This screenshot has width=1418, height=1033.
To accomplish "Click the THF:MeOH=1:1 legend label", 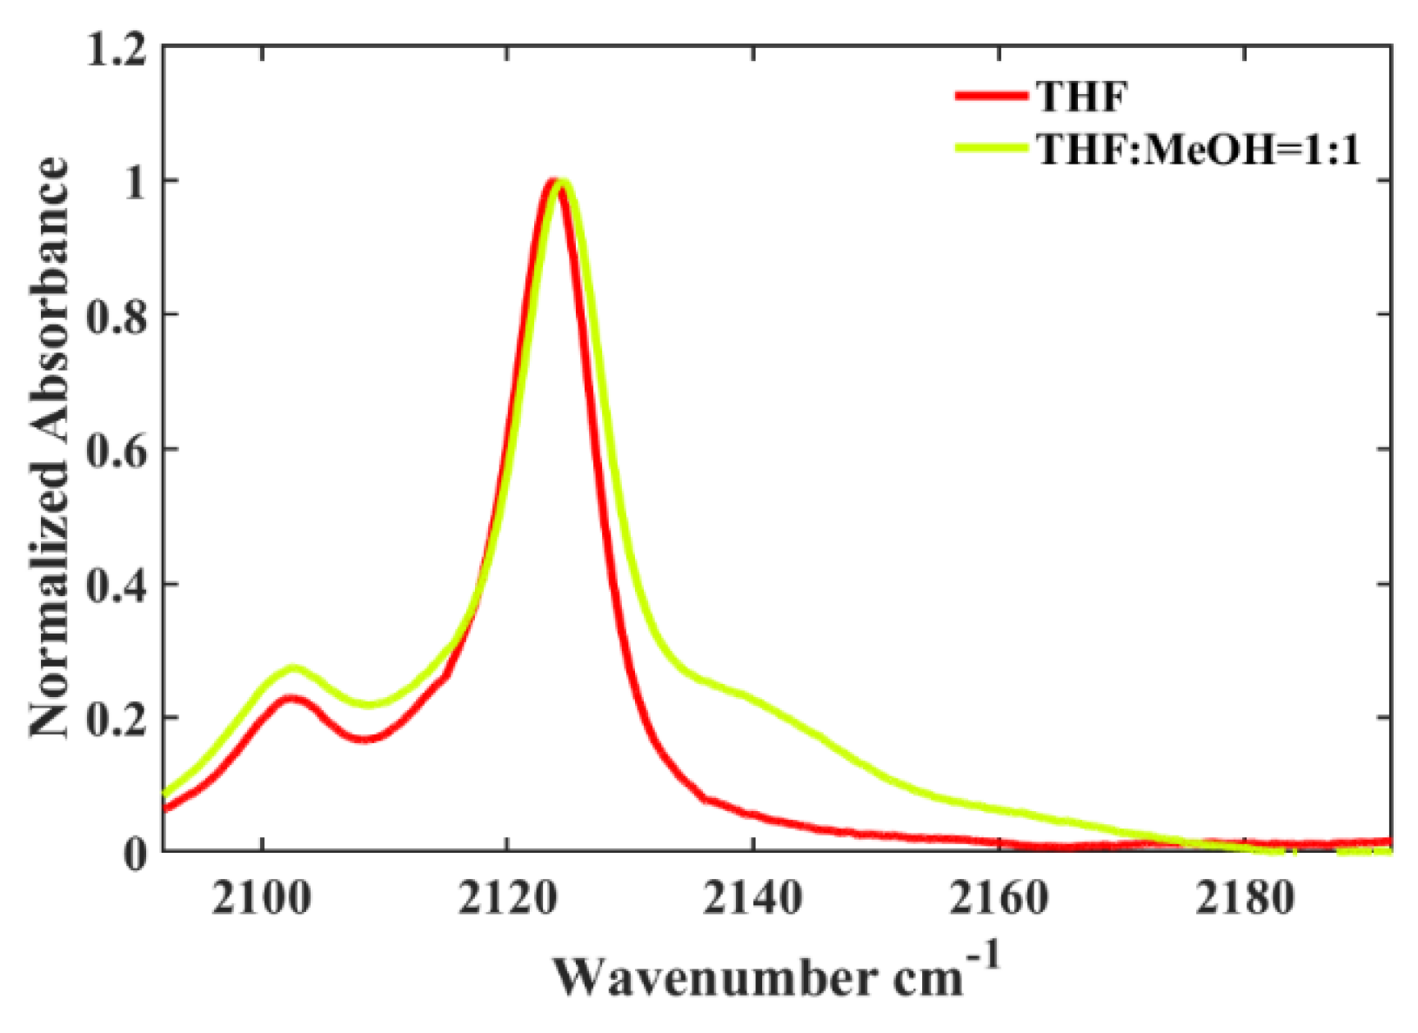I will tap(1198, 150).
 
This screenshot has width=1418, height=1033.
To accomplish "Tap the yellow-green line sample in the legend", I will tap(991, 148).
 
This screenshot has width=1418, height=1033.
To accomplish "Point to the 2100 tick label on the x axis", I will tap(261, 899).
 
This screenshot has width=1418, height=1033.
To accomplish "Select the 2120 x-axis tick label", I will tap(506, 899).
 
